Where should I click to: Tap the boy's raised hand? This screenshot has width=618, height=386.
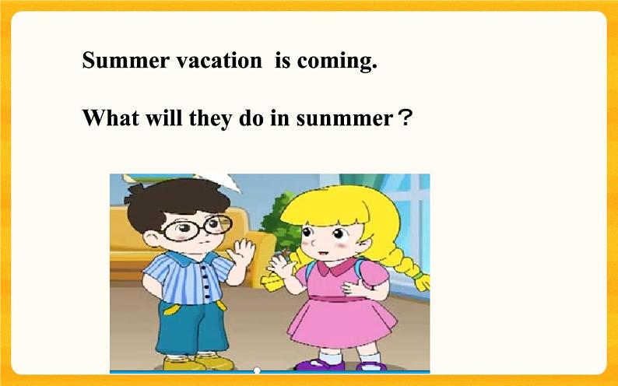[241, 252]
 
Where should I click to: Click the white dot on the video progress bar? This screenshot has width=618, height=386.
[257, 370]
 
